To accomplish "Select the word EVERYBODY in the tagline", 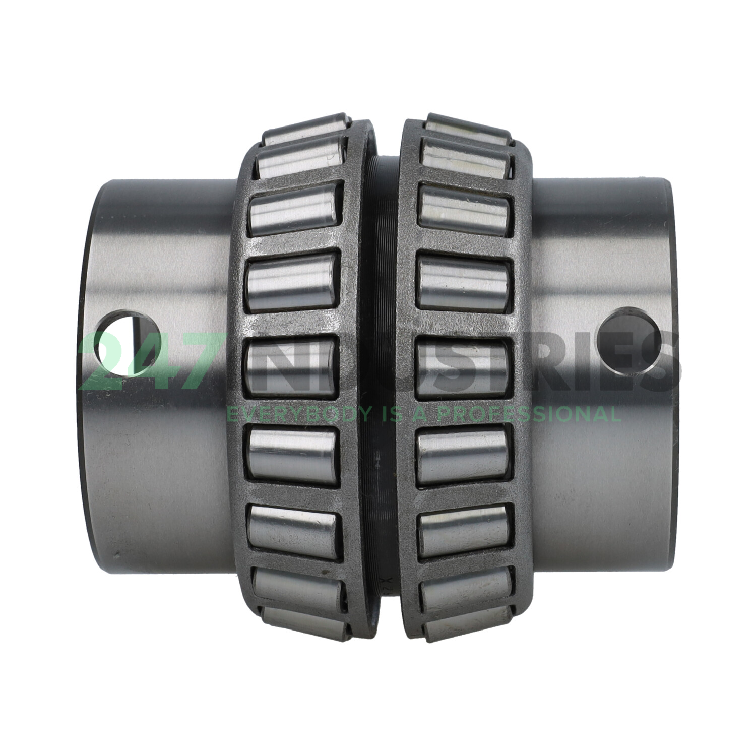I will click(297, 414).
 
